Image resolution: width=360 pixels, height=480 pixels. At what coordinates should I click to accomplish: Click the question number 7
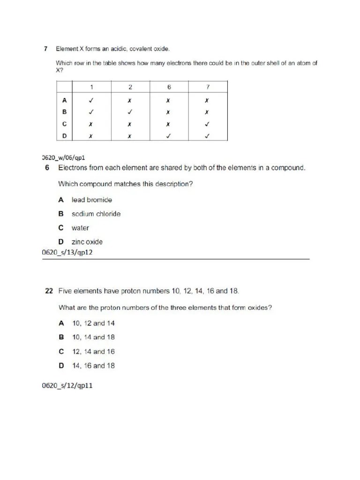point(45,48)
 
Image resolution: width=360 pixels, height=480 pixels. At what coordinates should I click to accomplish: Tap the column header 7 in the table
point(208,87)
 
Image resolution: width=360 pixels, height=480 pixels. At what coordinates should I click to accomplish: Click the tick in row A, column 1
point(91,100)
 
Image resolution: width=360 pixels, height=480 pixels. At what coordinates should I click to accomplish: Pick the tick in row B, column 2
point(130,112)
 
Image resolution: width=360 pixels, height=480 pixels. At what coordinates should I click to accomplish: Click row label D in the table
point(64,136)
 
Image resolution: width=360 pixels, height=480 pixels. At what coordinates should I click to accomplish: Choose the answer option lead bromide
point(91,200)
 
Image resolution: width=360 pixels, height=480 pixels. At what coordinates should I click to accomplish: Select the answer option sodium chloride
point(96,214)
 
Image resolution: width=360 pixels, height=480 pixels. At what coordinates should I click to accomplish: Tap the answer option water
point(80,228)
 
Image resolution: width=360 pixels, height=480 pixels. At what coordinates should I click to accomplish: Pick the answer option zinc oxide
point(87,242)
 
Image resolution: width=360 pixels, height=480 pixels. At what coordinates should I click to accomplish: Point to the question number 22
point(48,291)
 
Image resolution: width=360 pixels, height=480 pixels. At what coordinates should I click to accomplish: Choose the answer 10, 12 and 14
point(93,323)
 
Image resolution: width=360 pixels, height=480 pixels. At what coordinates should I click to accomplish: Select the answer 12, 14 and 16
point(93,352)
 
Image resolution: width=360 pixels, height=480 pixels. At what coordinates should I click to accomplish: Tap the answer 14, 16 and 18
point(93,366)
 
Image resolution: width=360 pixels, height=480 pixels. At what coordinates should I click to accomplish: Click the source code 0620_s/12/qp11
point(67,387)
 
